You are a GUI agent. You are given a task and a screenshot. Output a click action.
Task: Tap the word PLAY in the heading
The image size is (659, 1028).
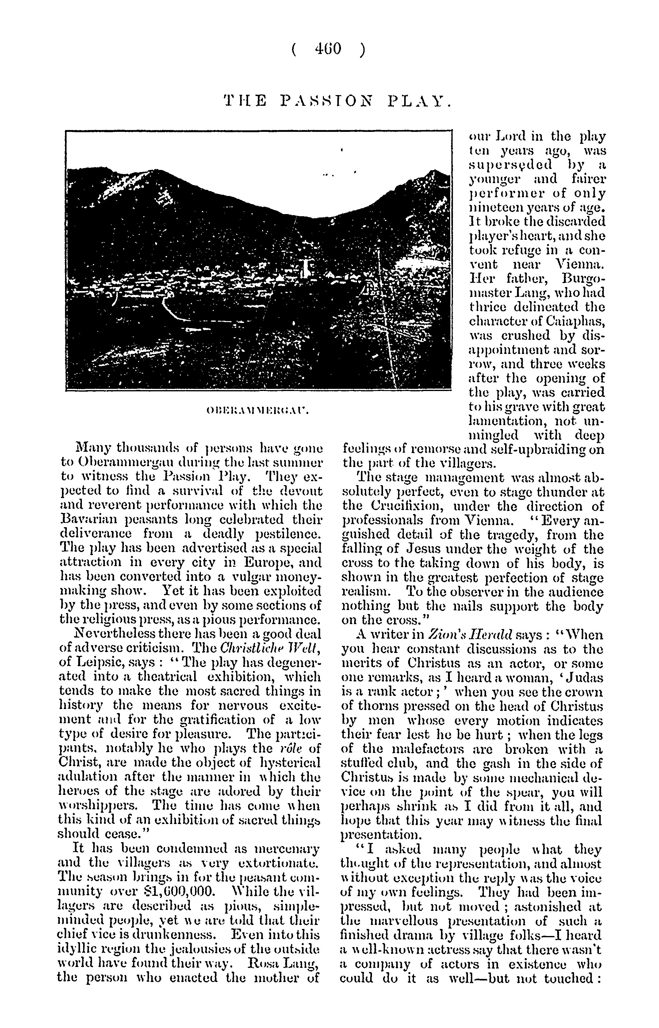pos(419,102)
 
